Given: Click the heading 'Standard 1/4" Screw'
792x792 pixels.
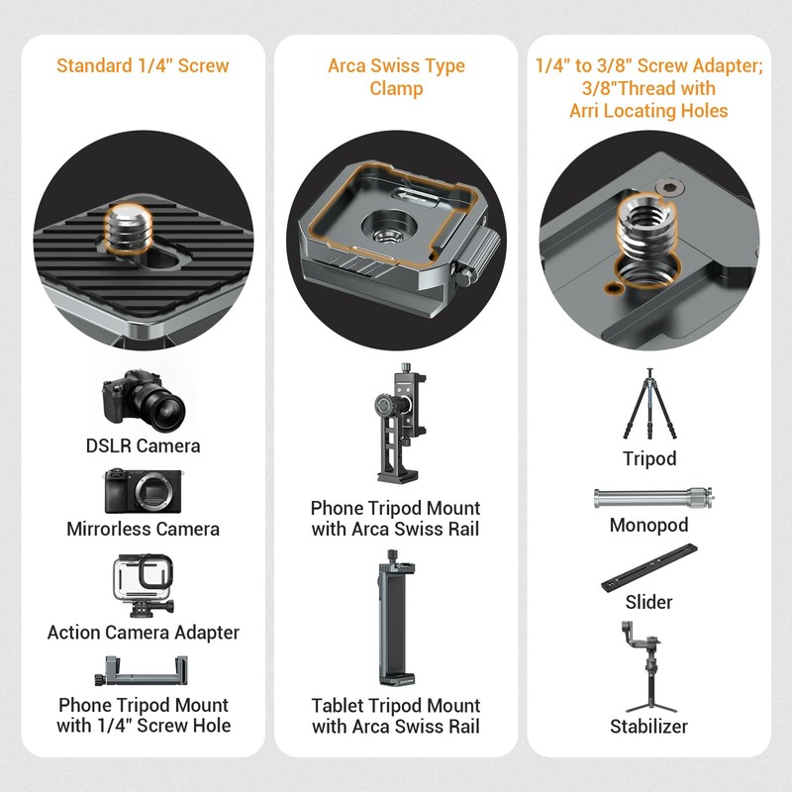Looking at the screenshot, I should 143,66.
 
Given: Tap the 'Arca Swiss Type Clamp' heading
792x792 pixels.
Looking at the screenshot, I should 396,77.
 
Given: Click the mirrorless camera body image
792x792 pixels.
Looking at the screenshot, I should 143,490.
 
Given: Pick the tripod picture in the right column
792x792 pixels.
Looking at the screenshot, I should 648,405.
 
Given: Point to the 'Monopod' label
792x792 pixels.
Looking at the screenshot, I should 648,526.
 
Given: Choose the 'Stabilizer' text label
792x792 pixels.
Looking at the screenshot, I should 648,727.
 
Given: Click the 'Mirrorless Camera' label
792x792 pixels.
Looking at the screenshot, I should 143,529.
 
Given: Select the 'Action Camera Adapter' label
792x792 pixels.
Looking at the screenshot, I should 143,632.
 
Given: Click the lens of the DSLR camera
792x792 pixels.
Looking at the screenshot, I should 158,402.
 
